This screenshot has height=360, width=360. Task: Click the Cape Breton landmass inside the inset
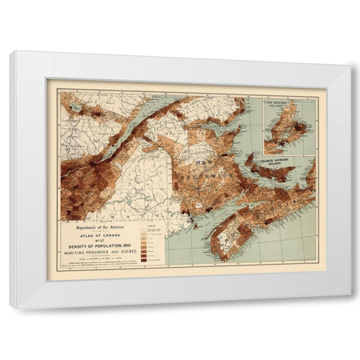289,127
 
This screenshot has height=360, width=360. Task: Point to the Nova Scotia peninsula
247,217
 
